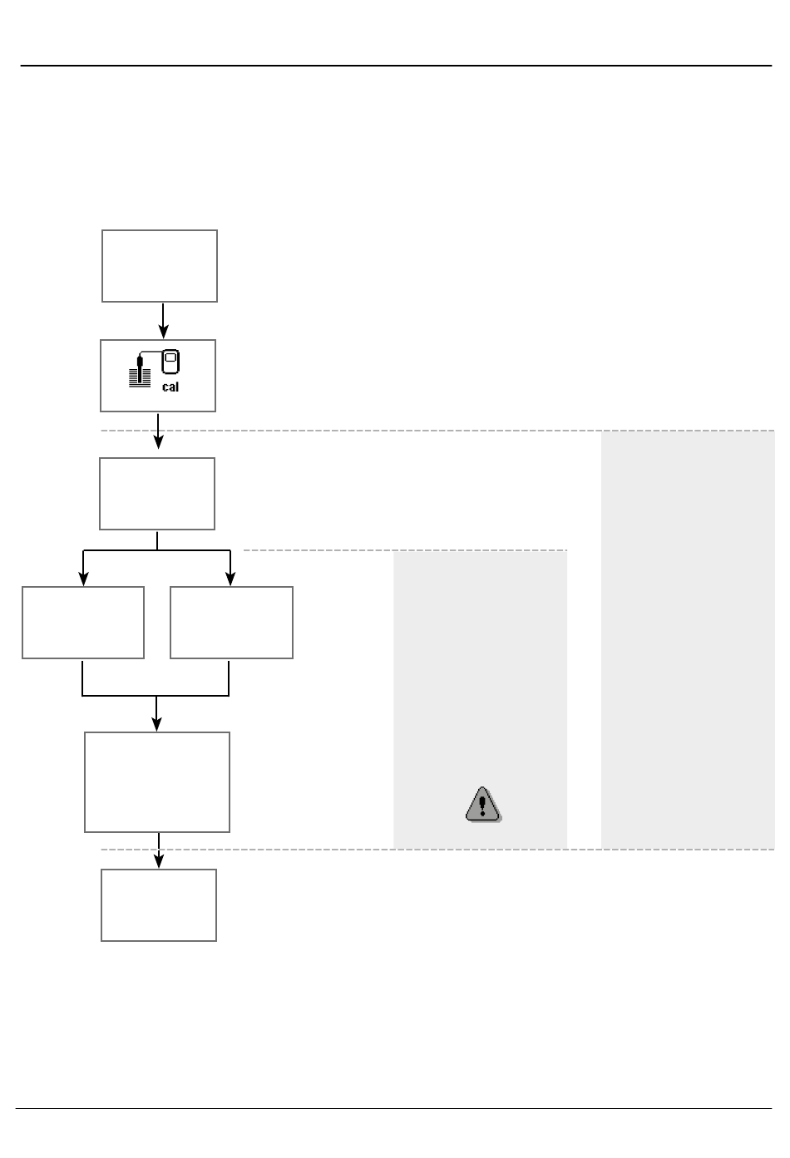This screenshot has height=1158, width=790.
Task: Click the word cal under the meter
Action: pyautogui.click(x=170, y=387)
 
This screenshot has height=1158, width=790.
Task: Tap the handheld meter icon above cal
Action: pyautogui.click(x=171, y=364)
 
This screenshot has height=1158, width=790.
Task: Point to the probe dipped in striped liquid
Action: pyautogui.click(x=141, y=373)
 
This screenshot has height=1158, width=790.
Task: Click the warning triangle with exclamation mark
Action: pyautogui.click(x=482, y=805)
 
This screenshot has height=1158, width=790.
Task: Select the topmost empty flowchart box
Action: pyautogui.click(x=160, y=266)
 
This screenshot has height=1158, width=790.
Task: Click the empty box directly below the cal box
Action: pyautogui.click(x=157, y=493)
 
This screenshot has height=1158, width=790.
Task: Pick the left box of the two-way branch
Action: pyautogui.click(x=83, y=623)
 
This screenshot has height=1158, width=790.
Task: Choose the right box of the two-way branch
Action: pyautogui.click(x=231, y=623)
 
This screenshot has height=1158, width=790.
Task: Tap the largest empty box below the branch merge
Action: pyautogui.click(x=157, y=781)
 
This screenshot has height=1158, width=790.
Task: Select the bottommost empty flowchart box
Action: pyautogui.click(x=159, y=904)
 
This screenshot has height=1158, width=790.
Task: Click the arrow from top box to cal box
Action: pyautogui.click(x=163, y=320)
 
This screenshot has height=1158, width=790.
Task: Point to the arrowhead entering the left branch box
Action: pyautogui.click(x=83, y=579)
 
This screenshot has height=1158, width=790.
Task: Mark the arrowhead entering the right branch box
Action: pyautogui.click(x=231, y=579)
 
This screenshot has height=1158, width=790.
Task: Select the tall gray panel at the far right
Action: pyautogui.click(x=688, y=639)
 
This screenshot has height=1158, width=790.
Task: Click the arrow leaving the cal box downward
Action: pyautogui.click(x=158, y=432)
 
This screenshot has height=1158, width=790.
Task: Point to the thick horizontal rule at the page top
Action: pyautogui.click(x=396, y=66)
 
